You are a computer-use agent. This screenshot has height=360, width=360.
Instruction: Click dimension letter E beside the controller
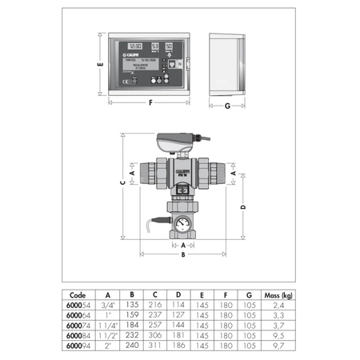(101, 67)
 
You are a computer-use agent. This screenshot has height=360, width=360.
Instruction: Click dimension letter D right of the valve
(242, 206)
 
